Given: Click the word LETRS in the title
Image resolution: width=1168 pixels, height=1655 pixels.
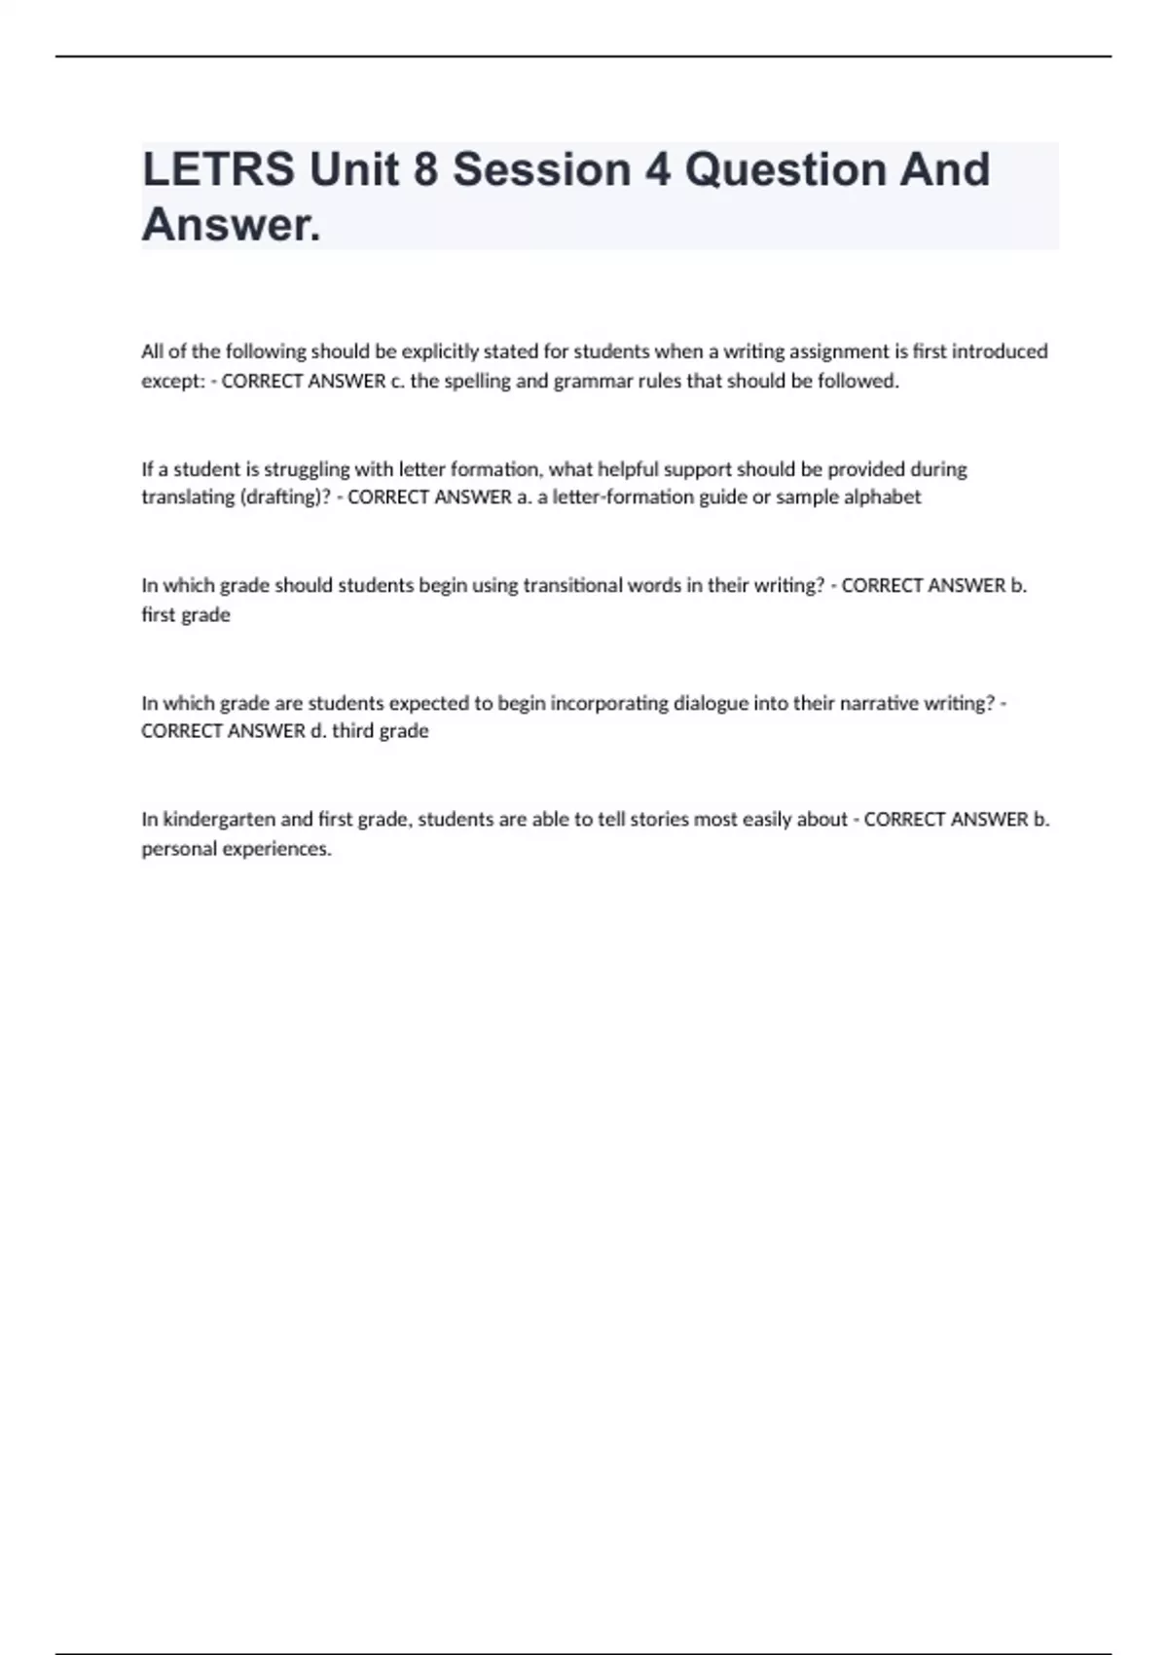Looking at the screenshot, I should pos(218,169).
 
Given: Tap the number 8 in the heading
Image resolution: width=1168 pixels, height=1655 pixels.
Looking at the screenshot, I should pos(425,169).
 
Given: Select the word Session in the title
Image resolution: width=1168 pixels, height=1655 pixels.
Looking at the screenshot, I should pos(541,169).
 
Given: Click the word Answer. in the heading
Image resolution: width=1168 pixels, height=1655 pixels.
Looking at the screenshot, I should pos(231,225).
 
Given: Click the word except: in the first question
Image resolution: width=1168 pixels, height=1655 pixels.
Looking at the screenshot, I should pos(173,382).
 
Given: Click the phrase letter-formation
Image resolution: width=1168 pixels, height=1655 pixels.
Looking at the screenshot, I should pos(609,497).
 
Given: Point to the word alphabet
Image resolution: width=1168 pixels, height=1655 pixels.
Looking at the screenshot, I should pos(882,497).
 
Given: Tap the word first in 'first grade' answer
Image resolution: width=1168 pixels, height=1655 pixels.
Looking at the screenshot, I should pos(159,615).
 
